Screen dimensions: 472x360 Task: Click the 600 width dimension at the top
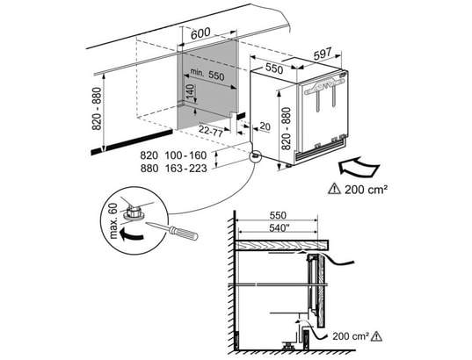(x=200, y=33)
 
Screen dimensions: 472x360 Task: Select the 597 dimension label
(x=323, y=54)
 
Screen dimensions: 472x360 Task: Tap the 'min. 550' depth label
(x=207, y=75)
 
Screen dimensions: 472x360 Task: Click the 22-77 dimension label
(x=211, y=131)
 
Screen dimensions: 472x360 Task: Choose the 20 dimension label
(x=265, y=126)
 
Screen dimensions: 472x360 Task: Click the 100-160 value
(x=185, y=155)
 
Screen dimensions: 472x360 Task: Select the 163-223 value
(x=185, y=169)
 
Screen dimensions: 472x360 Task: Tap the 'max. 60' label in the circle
(x=113, y=220)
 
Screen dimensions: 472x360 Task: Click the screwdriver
(x=171, y=230)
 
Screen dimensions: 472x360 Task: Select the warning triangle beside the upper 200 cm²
(x=334, y=189)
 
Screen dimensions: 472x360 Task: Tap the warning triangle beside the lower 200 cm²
(x=376, y=336)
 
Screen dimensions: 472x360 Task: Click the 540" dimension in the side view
(x=277, y=228)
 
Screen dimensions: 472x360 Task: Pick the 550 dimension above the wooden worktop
(x=278, y=215)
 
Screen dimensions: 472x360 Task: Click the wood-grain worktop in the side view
(x=281, y=245)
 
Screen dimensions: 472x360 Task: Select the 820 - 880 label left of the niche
(x=98, y=109)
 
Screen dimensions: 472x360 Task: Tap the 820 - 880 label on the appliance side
(x=286, y=129)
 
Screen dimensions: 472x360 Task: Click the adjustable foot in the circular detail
(x=134, y=212)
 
